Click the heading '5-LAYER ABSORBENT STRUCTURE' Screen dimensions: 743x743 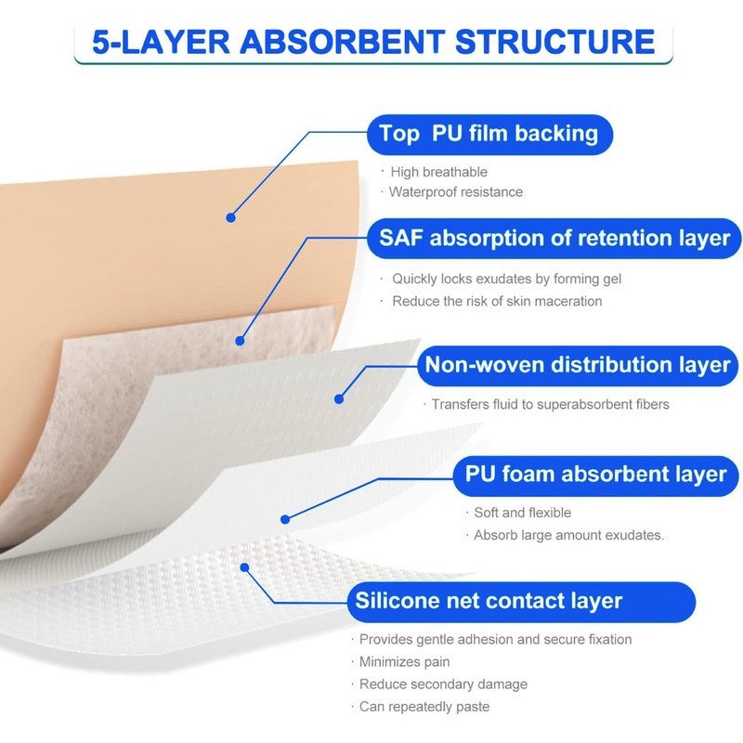point(373,42)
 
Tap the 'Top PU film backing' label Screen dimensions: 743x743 point(489,134)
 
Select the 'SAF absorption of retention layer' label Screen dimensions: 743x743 point(554,239)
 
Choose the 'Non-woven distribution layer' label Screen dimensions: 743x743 point(578,365)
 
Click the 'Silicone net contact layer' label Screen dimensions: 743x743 point(489,601)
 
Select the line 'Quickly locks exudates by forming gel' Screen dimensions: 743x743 point(506,279)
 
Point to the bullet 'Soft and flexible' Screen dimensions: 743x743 point(523,513)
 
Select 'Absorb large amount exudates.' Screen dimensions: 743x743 point(569,535)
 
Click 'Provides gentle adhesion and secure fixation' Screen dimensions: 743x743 point(495,639)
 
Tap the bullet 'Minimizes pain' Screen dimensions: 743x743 point(405,662)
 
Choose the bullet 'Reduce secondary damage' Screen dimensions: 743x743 point(443,684)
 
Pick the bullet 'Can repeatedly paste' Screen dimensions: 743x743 point(424,707)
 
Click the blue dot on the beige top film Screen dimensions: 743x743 point(231,218)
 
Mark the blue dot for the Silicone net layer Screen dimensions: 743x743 point(244,567)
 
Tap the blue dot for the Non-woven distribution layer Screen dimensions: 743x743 point(339,399)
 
